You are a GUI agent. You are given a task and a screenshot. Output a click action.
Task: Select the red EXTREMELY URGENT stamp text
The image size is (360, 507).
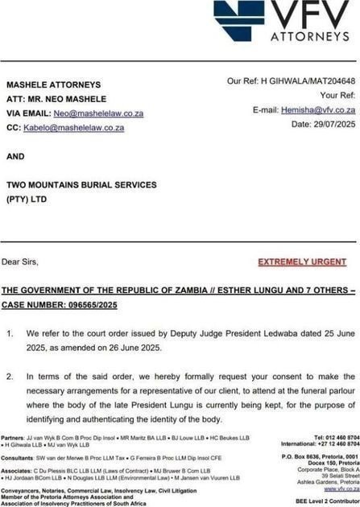302,262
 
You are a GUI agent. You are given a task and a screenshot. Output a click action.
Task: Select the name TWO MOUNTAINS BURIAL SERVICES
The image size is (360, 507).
81,184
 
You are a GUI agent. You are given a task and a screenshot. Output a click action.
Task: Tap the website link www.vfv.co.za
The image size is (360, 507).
341,488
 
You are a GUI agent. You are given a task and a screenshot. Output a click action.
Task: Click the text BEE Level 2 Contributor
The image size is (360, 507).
327,501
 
